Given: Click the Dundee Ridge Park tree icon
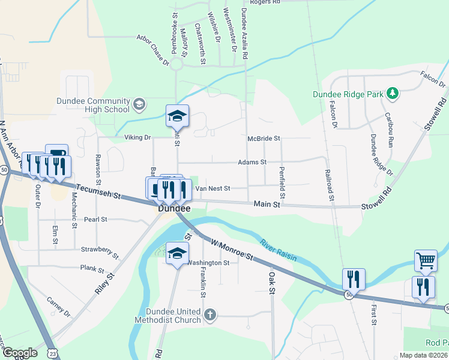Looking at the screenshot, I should (393, 93).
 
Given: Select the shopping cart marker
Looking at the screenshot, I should (426, 260).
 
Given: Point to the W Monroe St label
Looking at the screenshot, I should (232, 247).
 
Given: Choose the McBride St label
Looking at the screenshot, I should (264, 139).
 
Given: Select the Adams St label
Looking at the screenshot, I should (252, 162).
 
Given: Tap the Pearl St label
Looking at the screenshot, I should (95, 220).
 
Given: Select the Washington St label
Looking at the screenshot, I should (208, 263).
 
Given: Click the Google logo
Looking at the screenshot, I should (20, 353).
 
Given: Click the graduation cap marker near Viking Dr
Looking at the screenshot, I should (177, 116).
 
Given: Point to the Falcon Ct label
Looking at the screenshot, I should (432, 76).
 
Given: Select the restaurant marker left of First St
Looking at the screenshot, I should (354, 278).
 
